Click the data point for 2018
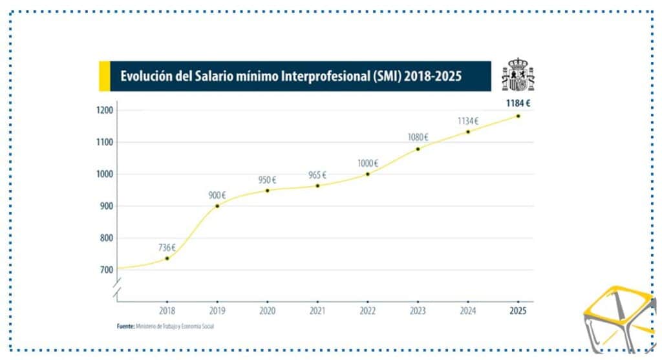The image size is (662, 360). (x=167, y=258)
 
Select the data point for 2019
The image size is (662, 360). (x=217, y=206)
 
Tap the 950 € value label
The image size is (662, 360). (x=266, y=179)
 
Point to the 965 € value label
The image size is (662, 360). (x=316, y=175)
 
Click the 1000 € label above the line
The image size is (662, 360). (x=368, y=164)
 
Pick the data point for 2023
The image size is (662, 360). (x=418, y=149)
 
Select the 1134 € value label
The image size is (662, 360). (x=467, y=121)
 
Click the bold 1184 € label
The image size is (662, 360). (x=518, y=103)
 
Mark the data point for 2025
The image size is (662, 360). (x=518, y=116)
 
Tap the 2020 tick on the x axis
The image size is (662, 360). (x=267, y=311)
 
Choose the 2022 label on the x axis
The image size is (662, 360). (x=367, y=311)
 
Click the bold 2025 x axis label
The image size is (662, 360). (x=518, y=311)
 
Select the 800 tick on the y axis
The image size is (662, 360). (x=106, y=238)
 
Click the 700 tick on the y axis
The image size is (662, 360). (x=106, y=270)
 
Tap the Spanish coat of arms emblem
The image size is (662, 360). (x=518, y=75)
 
